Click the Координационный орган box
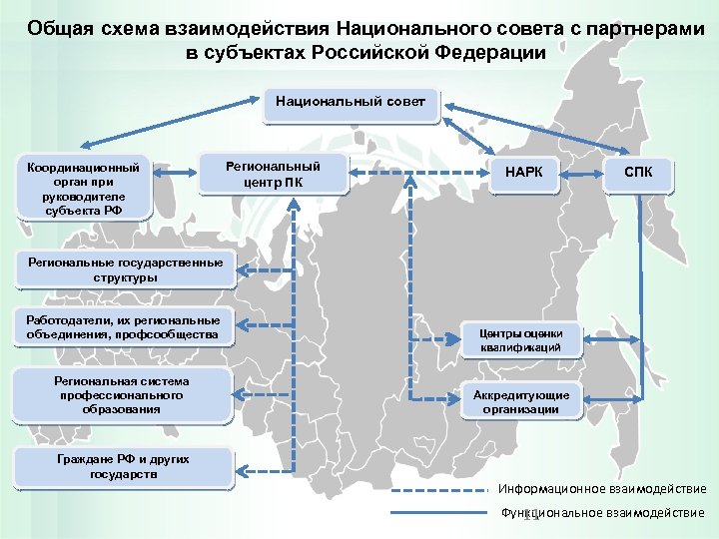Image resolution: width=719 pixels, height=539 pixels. (84, 185)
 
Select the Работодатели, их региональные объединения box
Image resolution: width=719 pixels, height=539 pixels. (118, 326)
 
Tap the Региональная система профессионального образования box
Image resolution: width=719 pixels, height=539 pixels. (121, 395)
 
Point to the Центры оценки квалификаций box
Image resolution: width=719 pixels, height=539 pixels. (520, 340)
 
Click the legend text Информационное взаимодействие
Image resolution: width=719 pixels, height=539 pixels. (602, 489)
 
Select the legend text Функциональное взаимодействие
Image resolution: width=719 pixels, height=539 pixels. (602, 513)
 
